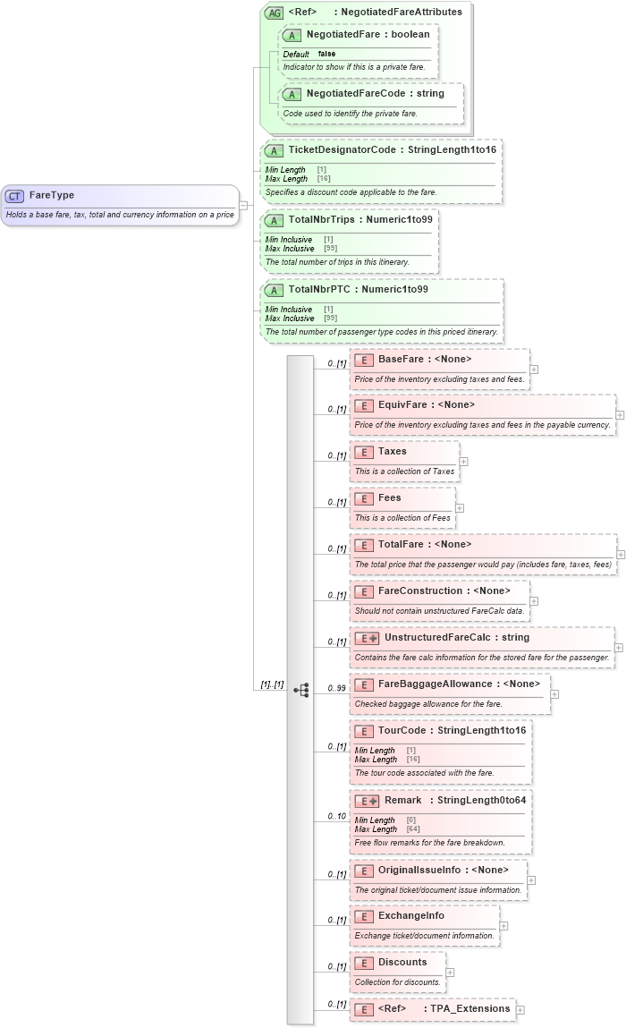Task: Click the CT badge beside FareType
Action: click(x=14, y=196)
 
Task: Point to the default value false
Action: click(x=327, y=55)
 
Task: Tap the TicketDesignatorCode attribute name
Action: click(x=342, y=150)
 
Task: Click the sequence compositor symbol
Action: click(x=301, y=665)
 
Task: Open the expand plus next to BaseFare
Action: click(x=534, y=369)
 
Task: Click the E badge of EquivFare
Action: click(x=364, y=405)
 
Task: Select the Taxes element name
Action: click(x=393, y=452)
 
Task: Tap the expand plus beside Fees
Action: click(x=460, y=508)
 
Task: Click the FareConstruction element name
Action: click(x=420, y=591)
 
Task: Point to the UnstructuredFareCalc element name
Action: click(x=433, y=638)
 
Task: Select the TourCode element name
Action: click(x=403, y=731)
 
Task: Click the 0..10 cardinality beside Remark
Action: click(x=336, y=816)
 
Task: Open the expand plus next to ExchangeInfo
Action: click(x=503, y=926)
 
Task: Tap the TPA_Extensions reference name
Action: click(x=470, y=1009)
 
